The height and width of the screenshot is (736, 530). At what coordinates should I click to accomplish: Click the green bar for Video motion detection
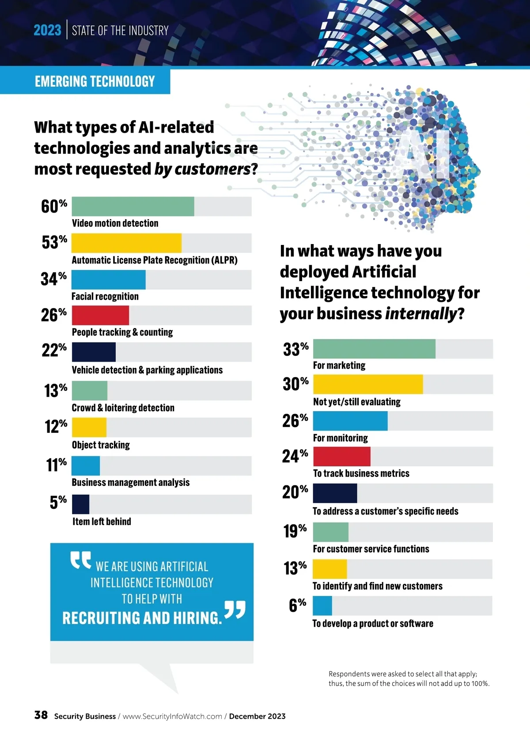(132, 206)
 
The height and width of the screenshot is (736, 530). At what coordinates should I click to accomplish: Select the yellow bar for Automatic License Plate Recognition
(126, 243)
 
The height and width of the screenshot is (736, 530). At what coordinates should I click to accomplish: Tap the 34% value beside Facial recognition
(53, 279)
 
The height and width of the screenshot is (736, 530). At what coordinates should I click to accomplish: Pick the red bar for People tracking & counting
(100, 315)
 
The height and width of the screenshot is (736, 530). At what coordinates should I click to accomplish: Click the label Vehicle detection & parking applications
(147, 370)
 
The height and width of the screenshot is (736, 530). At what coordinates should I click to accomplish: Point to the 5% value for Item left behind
(58, 503)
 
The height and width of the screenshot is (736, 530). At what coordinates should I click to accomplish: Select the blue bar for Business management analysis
(86, 466)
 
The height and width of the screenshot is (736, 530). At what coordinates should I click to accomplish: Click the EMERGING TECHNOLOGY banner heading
(95, 81)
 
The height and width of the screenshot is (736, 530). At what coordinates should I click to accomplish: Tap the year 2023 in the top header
(47, 31)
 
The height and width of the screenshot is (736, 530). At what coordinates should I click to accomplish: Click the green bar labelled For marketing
(374, 349)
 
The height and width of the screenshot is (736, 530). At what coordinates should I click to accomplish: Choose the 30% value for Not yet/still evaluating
(295, 384)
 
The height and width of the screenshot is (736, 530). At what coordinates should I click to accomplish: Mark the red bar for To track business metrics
(341, 456)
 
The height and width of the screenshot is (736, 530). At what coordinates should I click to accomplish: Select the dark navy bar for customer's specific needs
(335, 493)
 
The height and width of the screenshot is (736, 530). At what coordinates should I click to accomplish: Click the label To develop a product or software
(373, 624)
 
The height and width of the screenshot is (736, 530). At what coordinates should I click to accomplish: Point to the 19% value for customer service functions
(295, 531)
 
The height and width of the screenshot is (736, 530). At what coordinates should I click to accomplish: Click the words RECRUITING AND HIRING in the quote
(142, 618)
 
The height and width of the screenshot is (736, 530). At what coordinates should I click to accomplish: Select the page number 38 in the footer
(41, 715)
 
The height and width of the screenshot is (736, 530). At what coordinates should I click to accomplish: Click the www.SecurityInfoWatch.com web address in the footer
(172, 717)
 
